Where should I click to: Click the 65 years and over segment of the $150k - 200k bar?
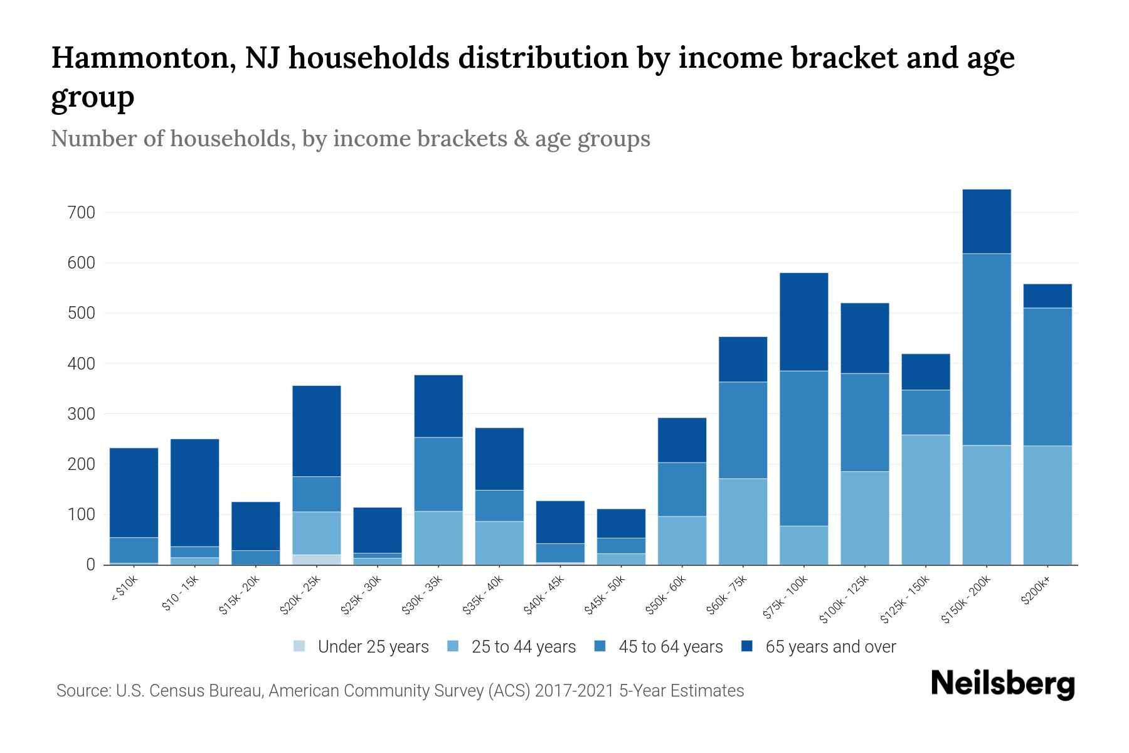pyautogui.click(x=986, y=222)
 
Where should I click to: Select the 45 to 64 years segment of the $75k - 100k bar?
pyautogui.click(x=803, y=448)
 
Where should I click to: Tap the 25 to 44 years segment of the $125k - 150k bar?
pyautogui.click(x=925, y=499)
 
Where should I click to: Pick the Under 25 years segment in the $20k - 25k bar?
pyautogui.click(x=316, y=560)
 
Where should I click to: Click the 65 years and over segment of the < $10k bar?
pyautogui.click(x=134, y=493)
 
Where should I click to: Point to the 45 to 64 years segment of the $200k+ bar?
pyautogui.click(x=1047, y=376)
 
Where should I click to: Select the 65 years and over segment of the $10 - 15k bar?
pyautogui.click(x=194, y=493)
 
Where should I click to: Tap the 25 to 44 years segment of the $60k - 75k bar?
pyautogui.click(x=743, y=521)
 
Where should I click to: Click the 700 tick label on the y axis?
pyautogui.click(x=81, y=213)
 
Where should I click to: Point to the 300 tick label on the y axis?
pyautogui.click(x=81, y=414)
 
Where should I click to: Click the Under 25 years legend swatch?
pyautogui.click(x=300, y=646)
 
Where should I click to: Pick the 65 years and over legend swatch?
pyautogui.click(x=747, y=646)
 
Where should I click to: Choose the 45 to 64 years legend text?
pyautogui.click(x=671, y=647)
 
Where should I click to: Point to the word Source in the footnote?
pyautogui.click(x=82, y=691)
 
